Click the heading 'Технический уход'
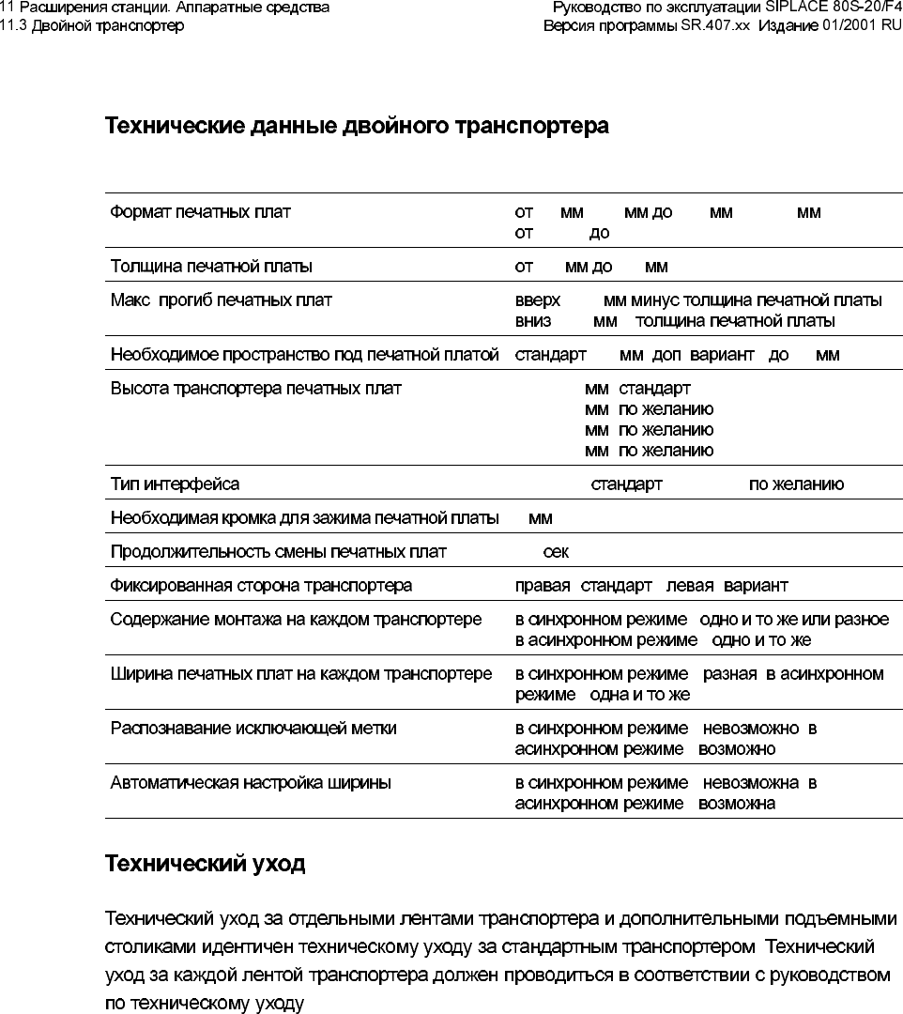tap(205, 863)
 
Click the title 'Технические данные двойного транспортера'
tap(357, 126)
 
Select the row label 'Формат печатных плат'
tap(201, 212)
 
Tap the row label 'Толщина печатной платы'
tap(211, 267)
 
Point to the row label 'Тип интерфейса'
tap(175, 484)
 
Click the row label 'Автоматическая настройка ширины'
tap(251, 782)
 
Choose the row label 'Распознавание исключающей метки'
tap(253, 728)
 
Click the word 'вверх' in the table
tap(538, 300)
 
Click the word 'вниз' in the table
tap(533, 321)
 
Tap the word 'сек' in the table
tap(556, 552)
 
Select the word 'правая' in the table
tap(543, 586)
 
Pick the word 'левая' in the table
tap(690, 586)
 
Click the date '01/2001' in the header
tap(847, 25)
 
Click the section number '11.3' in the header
tap(14, 25)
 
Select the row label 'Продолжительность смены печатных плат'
tap(279, 552)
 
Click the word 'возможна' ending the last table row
tap(737, 804)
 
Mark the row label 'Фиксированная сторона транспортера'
tap(261, 586)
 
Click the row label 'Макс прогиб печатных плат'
tap(221, 300)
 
